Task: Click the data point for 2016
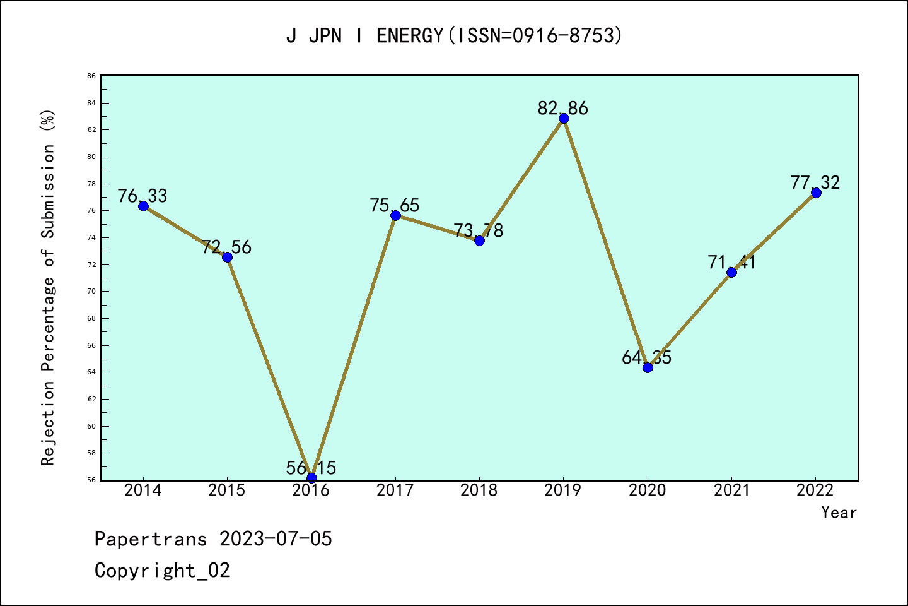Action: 311,477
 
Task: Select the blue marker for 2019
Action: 564,118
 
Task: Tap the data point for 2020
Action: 648,367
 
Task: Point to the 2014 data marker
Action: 143,206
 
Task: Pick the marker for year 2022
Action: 816,193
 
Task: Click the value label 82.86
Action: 563,108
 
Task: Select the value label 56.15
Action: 311,468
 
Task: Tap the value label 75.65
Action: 395,205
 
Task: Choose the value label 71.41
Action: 731,261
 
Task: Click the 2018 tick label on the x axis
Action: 479,490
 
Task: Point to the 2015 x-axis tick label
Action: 227,490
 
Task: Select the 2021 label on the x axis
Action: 731,490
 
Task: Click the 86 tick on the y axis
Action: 91,76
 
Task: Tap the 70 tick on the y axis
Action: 91,291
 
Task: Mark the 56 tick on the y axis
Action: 91,480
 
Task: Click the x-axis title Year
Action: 839,513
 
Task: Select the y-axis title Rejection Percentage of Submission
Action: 49,287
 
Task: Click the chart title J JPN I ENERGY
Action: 454,35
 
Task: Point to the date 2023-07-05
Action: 276,539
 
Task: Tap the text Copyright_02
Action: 163,571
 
